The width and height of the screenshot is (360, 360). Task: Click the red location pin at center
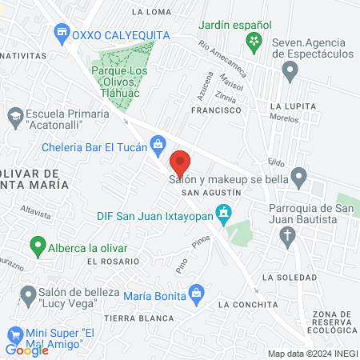[180, 163]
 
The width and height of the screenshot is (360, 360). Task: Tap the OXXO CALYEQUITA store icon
[61, 34]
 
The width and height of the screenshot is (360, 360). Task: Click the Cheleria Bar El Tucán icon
[158, 143]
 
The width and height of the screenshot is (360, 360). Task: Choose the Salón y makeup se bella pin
[298, 175]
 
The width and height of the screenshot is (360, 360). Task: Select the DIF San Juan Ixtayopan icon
[225, 213]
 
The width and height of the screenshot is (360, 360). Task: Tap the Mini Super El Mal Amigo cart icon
[14, 335]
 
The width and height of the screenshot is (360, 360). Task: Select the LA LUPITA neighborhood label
[289, 106]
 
